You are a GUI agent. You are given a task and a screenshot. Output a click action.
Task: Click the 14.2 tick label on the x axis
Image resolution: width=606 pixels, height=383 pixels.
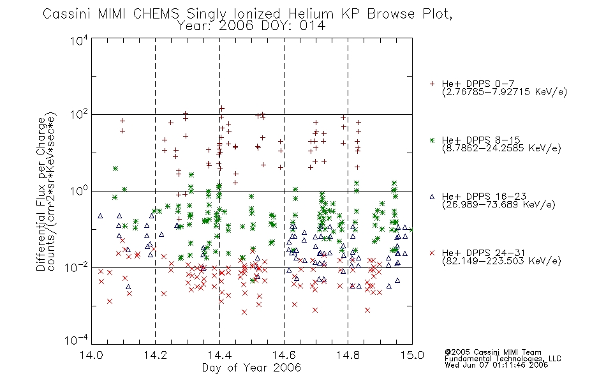[156, 355]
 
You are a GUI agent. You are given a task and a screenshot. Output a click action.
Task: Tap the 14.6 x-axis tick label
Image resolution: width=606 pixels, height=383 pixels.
[284, 355]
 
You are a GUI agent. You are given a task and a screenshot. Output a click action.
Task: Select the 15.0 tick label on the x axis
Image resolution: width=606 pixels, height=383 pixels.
[412, 355]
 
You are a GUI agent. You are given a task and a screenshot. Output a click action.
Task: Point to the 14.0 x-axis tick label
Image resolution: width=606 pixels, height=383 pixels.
[91, 355]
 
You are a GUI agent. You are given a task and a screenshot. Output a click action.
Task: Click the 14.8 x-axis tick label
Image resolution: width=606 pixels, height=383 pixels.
[348, 355]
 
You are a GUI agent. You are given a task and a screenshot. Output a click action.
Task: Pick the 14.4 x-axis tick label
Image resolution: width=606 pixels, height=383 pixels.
[219, 355]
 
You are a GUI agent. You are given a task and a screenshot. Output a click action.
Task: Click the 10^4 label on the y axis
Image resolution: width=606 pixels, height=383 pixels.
[79, 40]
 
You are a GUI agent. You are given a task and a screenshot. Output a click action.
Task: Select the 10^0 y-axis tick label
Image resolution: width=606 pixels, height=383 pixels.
[79, 191]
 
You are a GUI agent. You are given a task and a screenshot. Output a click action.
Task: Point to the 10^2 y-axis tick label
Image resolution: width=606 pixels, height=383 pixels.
[79, 114]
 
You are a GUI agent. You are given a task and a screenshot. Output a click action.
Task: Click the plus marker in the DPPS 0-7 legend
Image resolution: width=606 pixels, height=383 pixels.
[432, 84]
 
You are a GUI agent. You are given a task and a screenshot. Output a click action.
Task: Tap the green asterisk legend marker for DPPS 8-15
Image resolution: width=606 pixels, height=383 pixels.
[432, 140]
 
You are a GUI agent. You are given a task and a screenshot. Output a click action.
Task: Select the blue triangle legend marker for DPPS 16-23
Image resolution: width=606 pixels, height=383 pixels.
[432, 197]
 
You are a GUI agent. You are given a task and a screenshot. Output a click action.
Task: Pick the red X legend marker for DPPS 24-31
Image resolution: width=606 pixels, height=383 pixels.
[432, 253]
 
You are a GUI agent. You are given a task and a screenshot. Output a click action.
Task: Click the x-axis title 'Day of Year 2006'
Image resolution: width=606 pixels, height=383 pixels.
[251, 368]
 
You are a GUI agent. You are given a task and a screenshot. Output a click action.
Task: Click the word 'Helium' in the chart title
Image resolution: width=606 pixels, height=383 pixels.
[311, 14]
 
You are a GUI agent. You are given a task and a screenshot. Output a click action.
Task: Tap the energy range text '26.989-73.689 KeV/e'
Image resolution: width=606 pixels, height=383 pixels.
[499, 204]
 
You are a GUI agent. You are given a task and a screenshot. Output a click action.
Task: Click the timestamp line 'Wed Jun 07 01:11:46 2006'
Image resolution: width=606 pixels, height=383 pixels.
[496, 364]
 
